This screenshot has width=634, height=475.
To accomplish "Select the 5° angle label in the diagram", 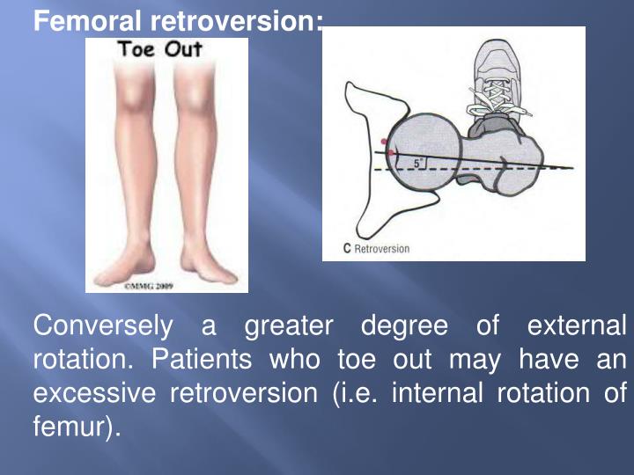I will (420, 163).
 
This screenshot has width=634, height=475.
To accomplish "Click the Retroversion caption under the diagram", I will (382, 249).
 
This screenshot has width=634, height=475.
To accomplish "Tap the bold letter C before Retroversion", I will (347, 249).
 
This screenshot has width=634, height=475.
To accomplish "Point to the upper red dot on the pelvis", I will (382, 141).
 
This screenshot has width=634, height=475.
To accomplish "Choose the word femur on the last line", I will (70, 428).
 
